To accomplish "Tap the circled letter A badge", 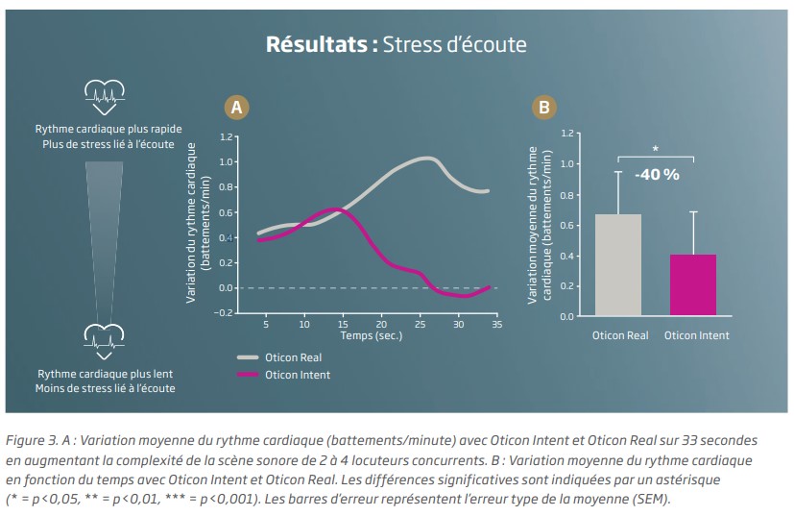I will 236,107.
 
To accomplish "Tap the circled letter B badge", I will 543,107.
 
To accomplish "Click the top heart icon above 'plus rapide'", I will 104,91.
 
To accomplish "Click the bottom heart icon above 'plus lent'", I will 104,335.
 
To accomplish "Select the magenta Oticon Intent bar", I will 692,284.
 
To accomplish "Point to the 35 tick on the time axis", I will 496,325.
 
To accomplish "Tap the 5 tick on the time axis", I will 266,325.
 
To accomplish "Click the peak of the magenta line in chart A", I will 333,209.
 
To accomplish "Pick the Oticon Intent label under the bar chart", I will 696,335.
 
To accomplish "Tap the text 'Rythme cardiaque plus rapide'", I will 108,129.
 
